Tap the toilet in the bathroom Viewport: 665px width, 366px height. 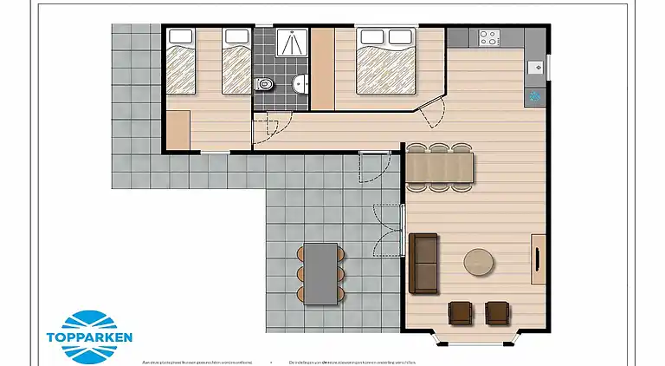coord(265,84)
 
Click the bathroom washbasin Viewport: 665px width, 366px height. coord(300,84)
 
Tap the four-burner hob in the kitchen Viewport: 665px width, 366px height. coord(488,38)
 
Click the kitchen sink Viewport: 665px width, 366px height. coord(534,65)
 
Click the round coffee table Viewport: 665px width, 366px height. coord(480,261)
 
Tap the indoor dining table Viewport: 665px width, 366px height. coord(441,167)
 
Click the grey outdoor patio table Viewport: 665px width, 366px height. coord(321,271)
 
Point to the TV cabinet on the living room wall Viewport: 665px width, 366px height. coord(538,258)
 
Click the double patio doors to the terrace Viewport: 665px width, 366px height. coord(404,230)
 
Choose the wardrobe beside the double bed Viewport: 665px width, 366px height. coord(322,69)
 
